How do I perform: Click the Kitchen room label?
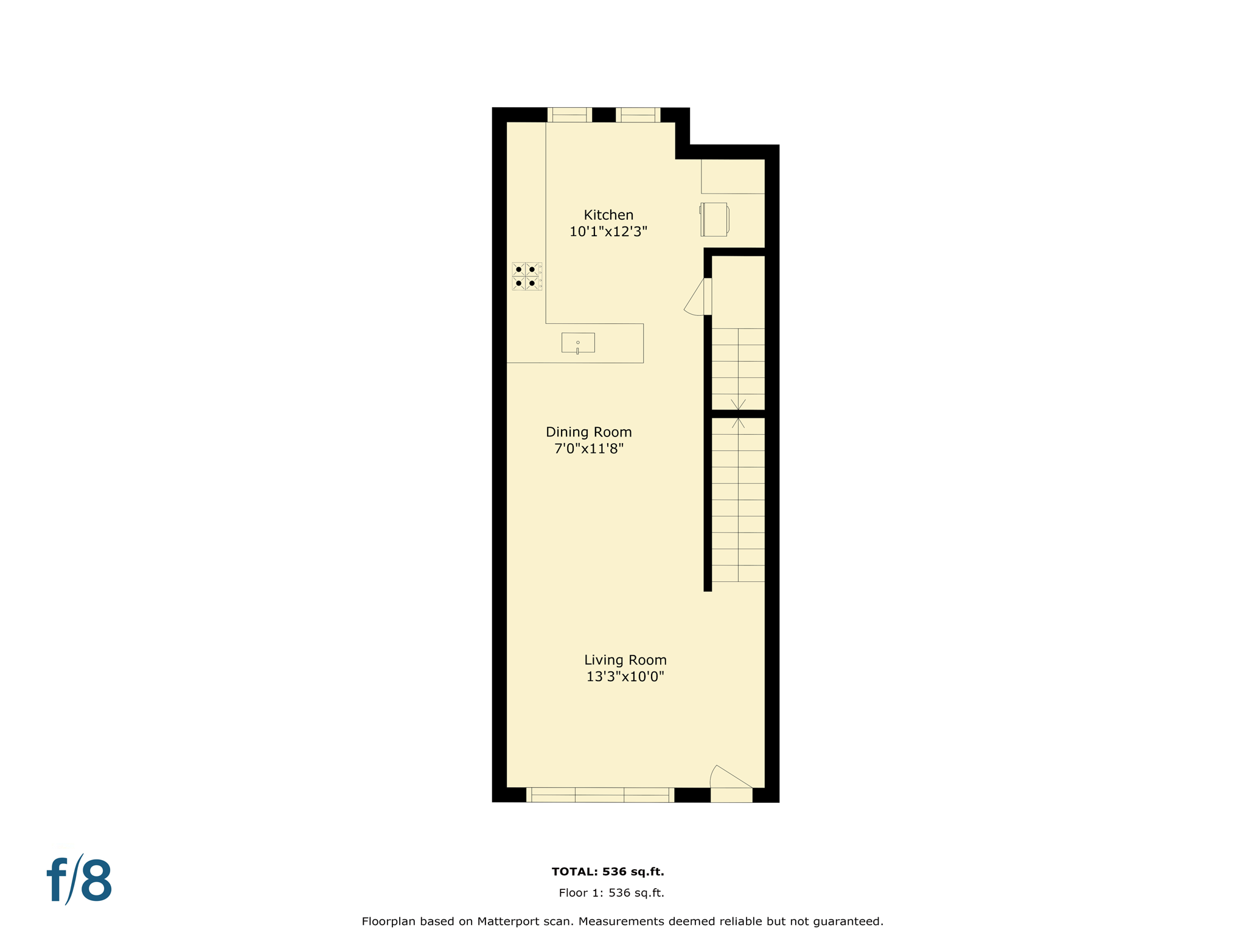[608, 215]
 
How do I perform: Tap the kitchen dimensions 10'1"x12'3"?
[608, 231]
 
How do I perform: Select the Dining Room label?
[588, 432]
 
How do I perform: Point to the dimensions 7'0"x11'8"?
[588, 449]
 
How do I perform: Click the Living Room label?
[625, 660]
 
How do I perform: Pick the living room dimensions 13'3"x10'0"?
[625, 676]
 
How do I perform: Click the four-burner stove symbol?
[526, 276]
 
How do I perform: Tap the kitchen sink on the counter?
[578, 343]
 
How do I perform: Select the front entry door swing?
[731, 779]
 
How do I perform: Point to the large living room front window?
[600, 794]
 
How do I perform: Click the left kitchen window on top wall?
[569, 115]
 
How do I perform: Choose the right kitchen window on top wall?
[638, 115]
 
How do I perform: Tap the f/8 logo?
[80, 880]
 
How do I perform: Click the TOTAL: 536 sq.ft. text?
[608, 872]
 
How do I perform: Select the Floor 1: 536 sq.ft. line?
[611, 893]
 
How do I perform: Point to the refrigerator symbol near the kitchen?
[714, 219]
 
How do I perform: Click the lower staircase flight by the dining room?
[738, 499]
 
